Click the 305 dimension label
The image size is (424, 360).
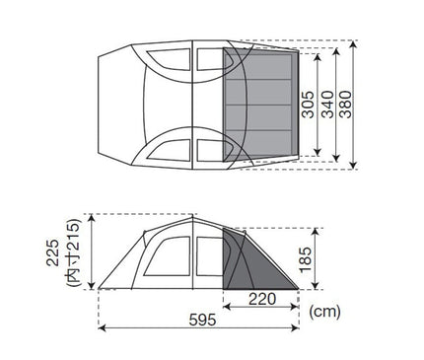pyautogui.click(x=308, y=105)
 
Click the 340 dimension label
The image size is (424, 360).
pyautogui.click(x=327, y=105)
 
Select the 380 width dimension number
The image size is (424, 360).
pyautogui.click(x=345, y=105)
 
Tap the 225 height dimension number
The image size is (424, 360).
pyautogui.click(x=52, y=252)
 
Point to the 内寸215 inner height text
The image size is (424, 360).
pyautogui.click(x=73, y=252)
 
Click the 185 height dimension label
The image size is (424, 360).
pyautogui.click(x=305, y=259)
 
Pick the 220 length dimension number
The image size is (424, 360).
pyautogui.click(x=262, y=299)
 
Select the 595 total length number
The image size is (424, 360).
pyautogui.click(x=202, y=320)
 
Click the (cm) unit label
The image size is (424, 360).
pyautogui.click(x=324, y=312)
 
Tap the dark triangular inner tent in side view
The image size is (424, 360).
pyautogui.click(x=259, y=266)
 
